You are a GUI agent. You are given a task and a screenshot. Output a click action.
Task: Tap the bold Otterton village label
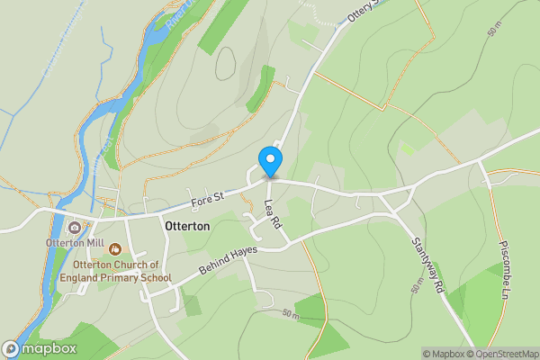tap(188, 227)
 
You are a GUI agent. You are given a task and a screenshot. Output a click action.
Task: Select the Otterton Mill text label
tap(76, 243)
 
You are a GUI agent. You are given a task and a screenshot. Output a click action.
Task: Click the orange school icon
tap(114, 247)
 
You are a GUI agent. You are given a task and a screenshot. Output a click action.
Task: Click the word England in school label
tap(98, 277)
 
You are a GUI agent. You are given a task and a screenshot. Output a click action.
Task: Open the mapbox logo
tap(40, 349)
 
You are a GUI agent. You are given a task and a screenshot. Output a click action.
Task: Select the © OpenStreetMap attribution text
tap(504, 354)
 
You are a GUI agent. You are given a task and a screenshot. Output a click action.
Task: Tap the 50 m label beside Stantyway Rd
tap(417, 287)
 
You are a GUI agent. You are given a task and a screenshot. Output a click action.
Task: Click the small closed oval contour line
tap(224, 63)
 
